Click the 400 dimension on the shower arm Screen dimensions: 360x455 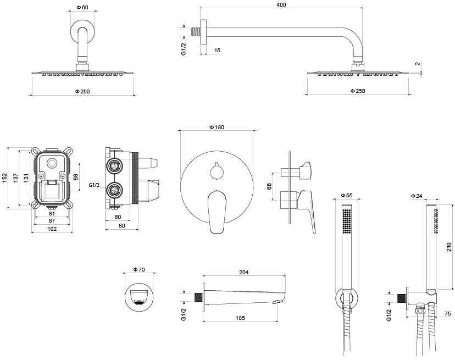point(282,4)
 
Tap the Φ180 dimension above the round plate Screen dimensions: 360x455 point(217,127)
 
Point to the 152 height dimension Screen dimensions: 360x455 point(4,178)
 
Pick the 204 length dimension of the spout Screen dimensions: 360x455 point(244,272)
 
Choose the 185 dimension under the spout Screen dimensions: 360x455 point(241,318)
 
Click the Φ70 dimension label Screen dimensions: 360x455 point(138,270)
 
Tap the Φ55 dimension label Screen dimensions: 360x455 point(346,195)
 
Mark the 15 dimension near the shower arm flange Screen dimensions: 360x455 point(217,50)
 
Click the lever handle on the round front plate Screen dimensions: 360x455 point(217,212)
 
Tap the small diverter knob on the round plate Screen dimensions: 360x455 point(217,170)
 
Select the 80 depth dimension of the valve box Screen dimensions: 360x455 point(121,225)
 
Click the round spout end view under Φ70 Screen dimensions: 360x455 point(138,296)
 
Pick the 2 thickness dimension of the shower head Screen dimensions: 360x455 point(418,64)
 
